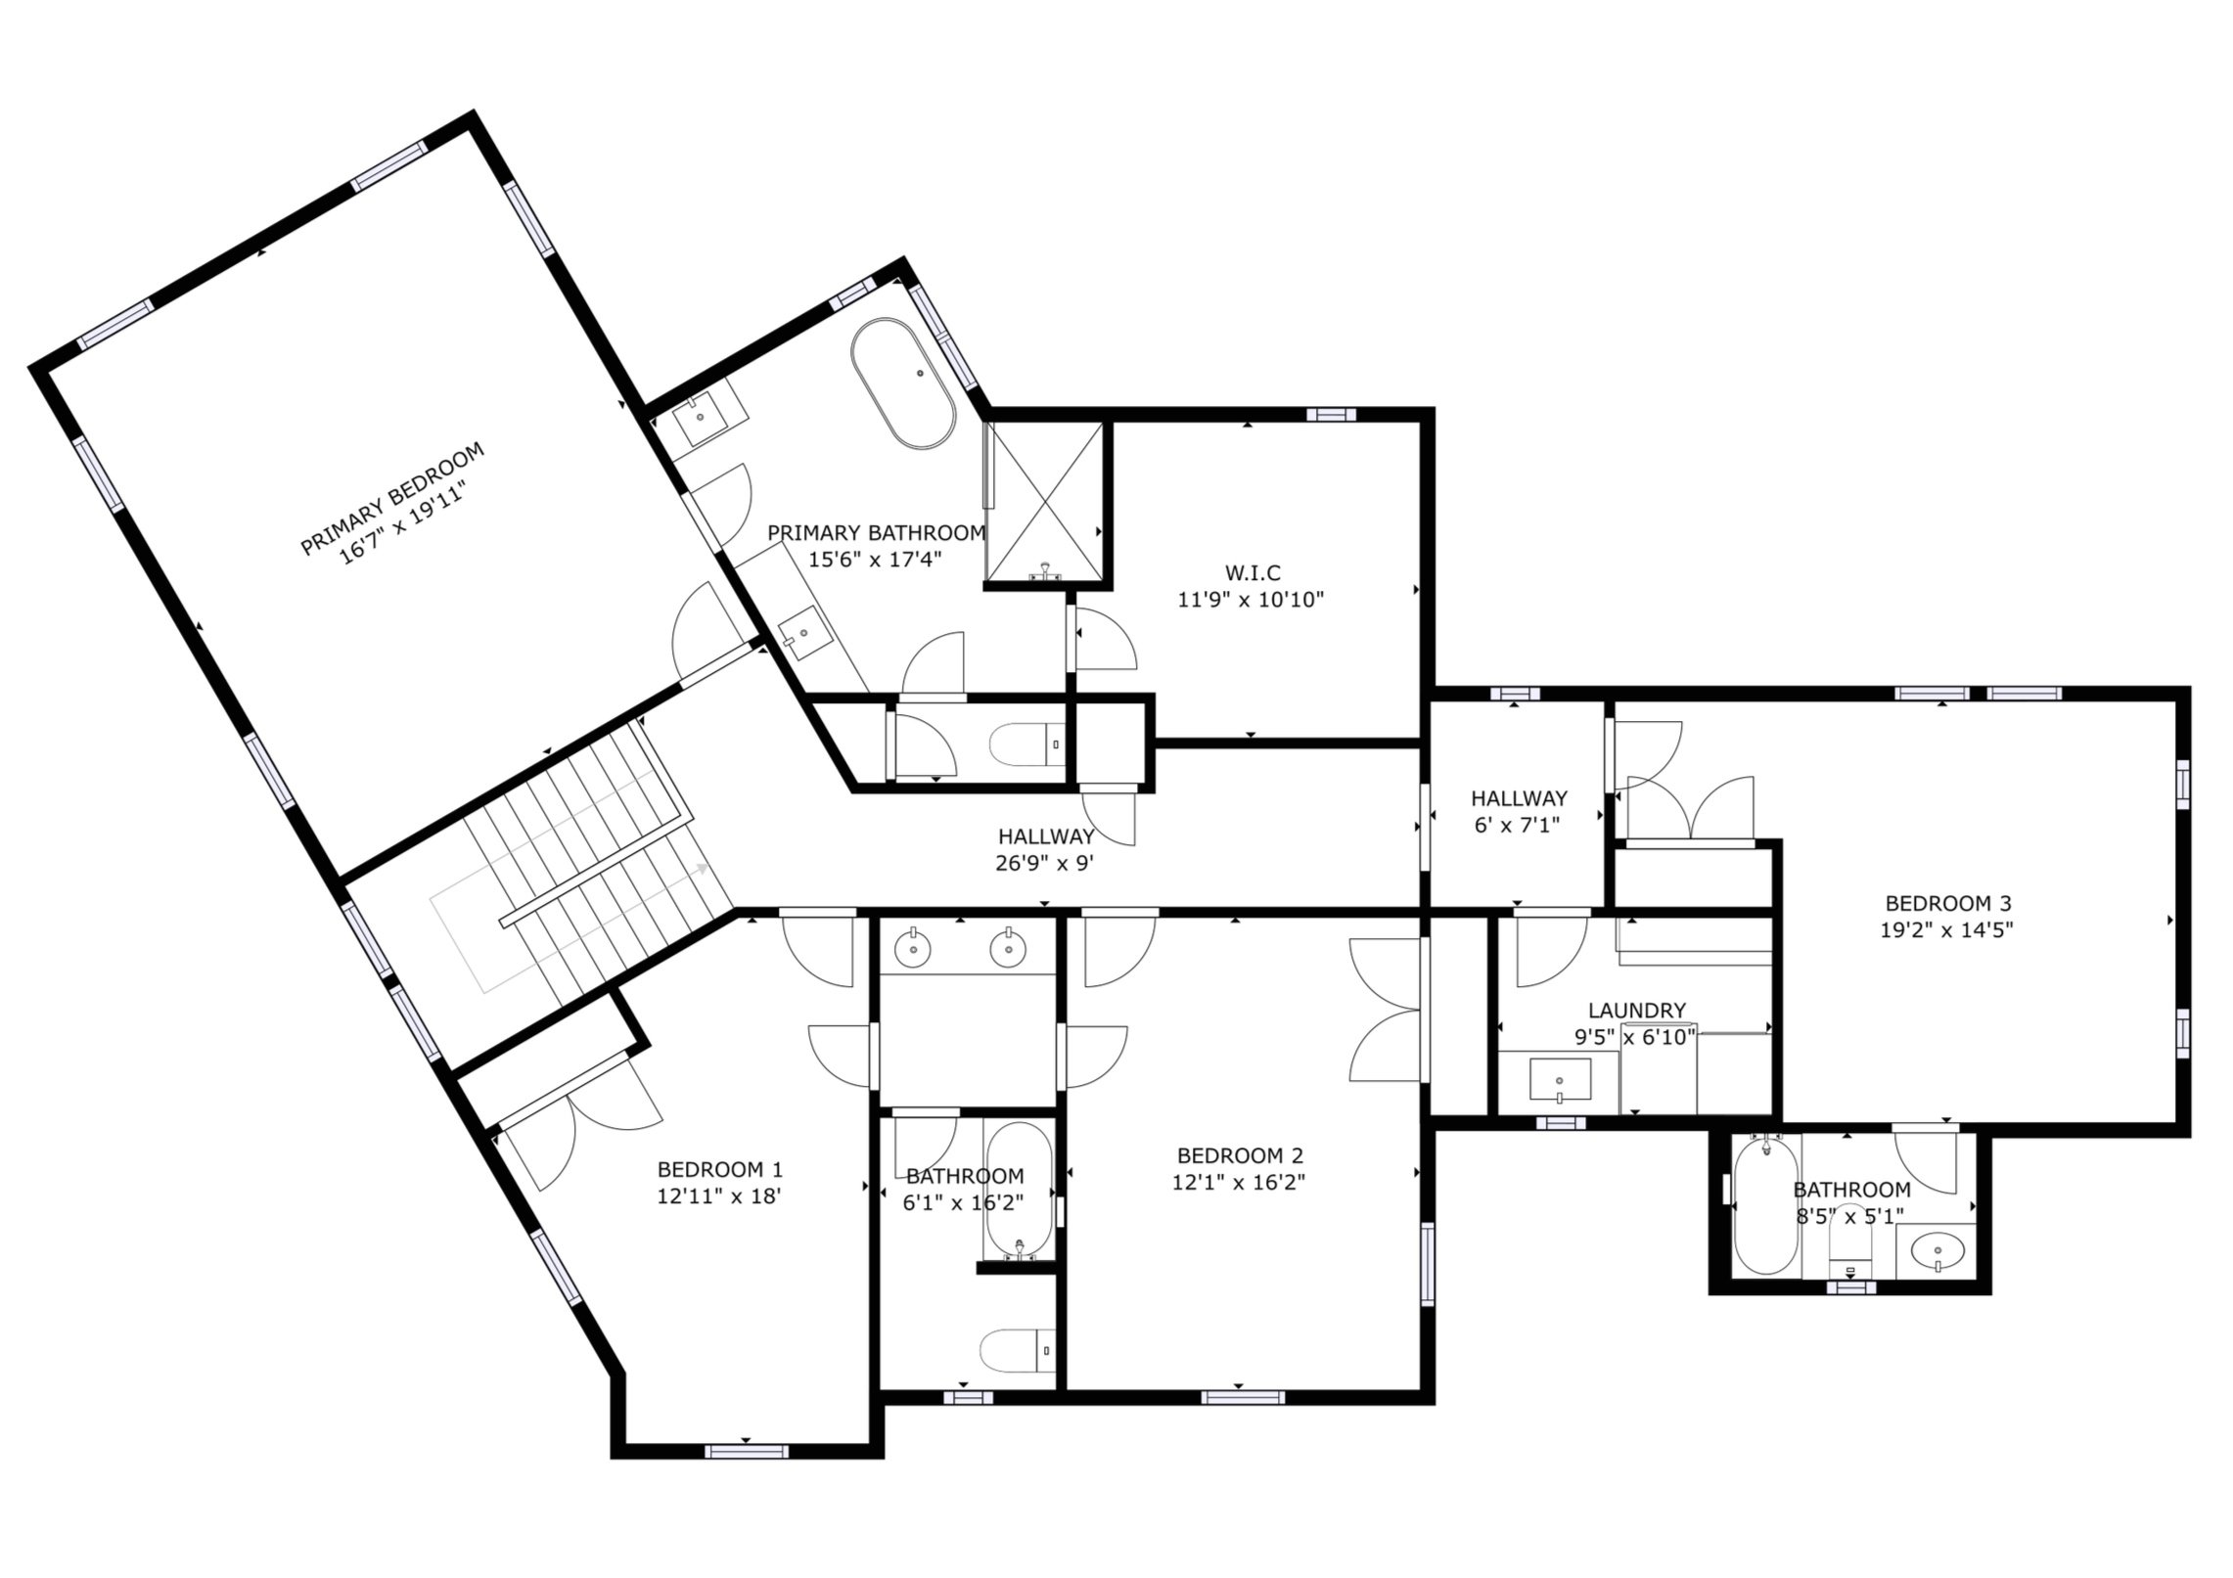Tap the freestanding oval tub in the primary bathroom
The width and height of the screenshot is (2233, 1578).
(x=902, y=383)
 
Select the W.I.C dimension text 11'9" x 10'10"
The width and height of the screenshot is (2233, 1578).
(x=1250, y=600)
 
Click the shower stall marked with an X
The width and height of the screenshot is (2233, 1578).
(x=1045, y=504)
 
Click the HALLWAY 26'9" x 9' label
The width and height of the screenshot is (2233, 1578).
(x=1045, y=837)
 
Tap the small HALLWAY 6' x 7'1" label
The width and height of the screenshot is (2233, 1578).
(x=1518, y=798)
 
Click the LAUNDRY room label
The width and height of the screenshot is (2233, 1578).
(x=1636, y=1011)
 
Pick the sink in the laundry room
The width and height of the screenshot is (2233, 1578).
(x=1559, y=1079)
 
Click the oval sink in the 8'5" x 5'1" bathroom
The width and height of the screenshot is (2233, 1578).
(x=1937, y=1250)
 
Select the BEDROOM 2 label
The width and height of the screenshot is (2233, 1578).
(x=1239, y=1155)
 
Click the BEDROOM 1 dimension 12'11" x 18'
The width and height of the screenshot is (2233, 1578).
(x=718, y=1195)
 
